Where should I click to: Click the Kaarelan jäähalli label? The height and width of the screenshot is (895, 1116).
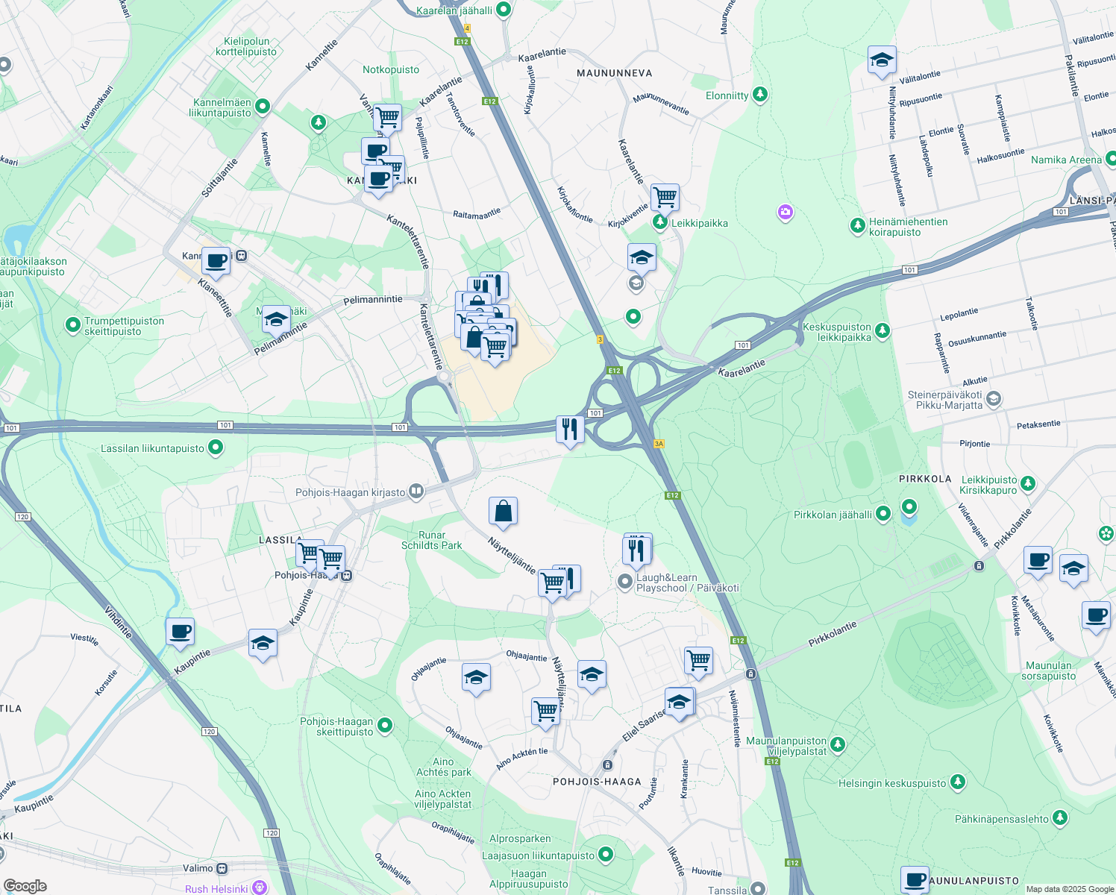coord(454,10)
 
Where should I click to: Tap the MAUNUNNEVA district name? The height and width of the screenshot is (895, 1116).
coord(615,73)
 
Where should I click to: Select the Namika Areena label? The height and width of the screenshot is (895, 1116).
coord(1066,160)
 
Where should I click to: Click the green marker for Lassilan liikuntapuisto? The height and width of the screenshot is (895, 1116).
coord(216,447)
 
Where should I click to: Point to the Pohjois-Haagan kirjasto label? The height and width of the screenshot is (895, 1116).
coord(351,492)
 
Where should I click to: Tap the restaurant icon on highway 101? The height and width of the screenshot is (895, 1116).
coord(569,429)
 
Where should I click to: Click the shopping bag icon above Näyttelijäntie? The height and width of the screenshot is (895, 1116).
coord(503,512)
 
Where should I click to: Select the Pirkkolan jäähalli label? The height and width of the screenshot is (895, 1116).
coord(833,515)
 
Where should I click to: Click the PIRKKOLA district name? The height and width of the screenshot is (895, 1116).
coord(925,479)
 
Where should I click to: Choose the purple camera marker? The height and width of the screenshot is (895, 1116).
coord(784,213)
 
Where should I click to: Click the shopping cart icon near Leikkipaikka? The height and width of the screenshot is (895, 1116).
coord(664,198)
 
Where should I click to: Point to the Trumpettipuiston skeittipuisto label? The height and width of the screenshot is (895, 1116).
coord(124,326)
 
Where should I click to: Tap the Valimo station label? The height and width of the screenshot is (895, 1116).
coord(198,868)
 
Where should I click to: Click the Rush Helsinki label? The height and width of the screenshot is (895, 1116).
coord(216,888)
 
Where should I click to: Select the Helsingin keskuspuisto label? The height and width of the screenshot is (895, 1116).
coord(892,783)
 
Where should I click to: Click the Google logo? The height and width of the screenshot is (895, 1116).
coord(25,885)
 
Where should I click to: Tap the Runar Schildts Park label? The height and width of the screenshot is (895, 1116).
coord(431,540)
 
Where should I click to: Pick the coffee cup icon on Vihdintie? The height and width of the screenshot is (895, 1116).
coord(180,632)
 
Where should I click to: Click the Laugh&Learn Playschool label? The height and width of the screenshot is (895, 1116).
coord(687,582)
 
